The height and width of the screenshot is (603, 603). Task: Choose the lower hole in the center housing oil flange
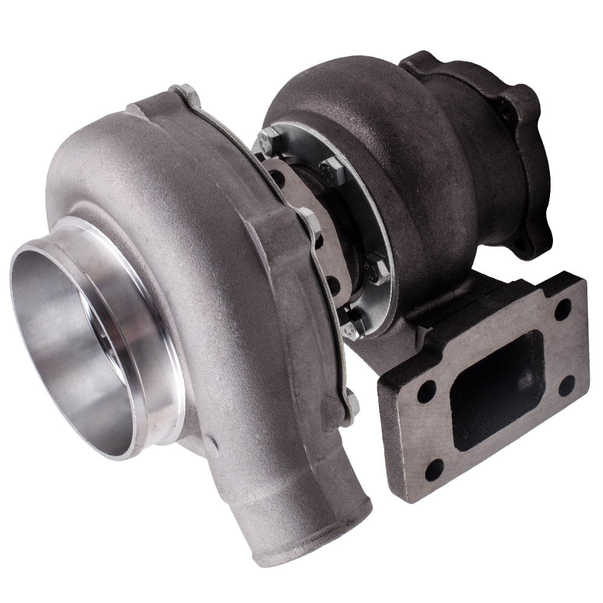[x=330, y=280]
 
